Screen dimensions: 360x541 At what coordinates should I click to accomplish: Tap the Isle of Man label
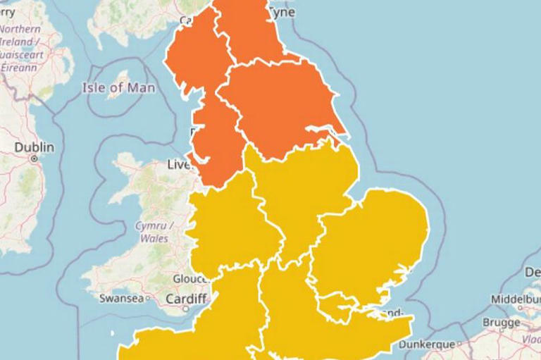(x=118, y=88)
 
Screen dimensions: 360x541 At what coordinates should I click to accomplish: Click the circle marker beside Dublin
(x=34, y=159)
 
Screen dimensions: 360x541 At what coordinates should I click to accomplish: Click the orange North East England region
(x=250, y=32)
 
